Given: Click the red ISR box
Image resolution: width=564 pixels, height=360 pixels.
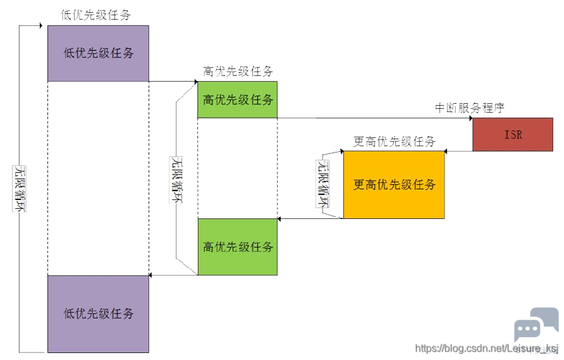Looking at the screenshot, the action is (x=513, y=134).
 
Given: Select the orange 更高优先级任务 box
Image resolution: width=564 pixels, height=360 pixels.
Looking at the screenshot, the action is (x=394, y=184).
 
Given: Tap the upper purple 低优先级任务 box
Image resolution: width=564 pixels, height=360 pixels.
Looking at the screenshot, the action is (x=98, y=53).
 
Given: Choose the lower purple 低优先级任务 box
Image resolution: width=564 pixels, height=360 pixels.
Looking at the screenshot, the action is (x=98, y=314).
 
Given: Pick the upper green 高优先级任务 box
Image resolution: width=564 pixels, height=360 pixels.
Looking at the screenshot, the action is (x=237, y=100).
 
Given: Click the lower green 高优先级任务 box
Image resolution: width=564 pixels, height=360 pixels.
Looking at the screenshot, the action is (x=237, y=247).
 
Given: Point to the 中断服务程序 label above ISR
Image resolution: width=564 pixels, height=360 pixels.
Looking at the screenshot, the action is (x=470, y=108).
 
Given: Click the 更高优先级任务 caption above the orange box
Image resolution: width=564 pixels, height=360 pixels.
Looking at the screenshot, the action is (x=394, y=141).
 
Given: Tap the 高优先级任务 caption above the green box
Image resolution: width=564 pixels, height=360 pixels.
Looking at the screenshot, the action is (x=238, y=71).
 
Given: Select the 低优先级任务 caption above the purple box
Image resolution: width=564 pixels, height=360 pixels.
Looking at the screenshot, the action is (x=95, y=15).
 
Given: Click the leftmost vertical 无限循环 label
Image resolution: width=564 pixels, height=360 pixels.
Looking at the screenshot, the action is (x=20, y=189).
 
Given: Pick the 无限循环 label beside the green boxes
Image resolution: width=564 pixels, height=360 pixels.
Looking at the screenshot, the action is (x=176, y=180).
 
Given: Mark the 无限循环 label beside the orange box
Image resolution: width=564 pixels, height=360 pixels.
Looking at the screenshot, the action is (x=322, y=183).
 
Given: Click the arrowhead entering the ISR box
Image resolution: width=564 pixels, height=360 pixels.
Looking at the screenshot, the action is (x=471, y=118).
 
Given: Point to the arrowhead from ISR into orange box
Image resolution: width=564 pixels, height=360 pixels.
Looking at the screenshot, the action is (x=446, y=151).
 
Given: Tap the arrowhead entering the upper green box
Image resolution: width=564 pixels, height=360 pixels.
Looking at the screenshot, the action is (x=196, y=82).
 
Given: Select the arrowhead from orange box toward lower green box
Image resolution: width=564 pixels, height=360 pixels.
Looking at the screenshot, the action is (x=279, y=218).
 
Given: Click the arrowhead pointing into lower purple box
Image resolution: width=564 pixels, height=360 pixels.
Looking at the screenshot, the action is (x=150, y=275).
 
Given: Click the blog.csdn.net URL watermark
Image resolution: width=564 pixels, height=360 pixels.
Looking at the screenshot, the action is (x=487, y=348).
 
